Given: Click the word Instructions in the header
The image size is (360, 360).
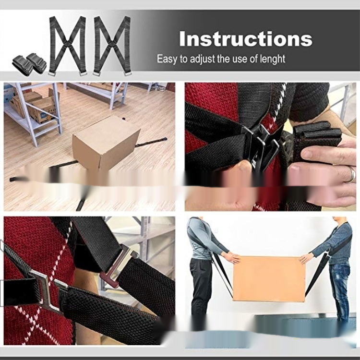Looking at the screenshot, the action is point(246,38).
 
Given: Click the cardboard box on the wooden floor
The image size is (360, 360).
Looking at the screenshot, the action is point(106,143).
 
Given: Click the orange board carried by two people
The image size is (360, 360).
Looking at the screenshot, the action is point(269,279).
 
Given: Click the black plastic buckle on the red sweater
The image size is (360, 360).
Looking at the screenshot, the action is point(261,147).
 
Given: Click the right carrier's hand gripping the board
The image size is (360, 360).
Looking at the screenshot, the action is point(306,259).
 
